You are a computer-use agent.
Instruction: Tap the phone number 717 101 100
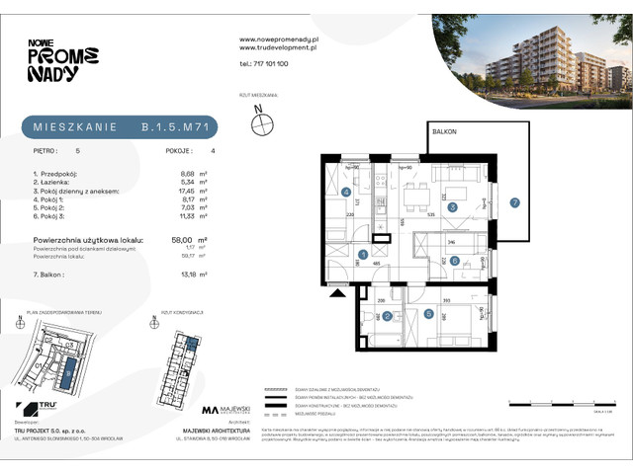[264, 62]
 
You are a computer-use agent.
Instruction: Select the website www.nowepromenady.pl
[279, 39]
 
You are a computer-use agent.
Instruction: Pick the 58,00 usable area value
[181, 240]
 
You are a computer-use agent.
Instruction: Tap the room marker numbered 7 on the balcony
[514, 203]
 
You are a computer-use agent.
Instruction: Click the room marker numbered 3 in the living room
[452, 207]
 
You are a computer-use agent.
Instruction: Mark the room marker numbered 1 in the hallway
[364, 255]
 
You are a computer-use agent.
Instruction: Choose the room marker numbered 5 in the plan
[428, 314]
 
